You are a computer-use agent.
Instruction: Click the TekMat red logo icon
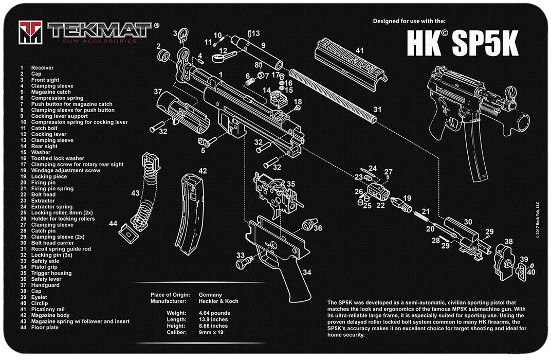30,32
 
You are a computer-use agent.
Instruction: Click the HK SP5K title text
462,44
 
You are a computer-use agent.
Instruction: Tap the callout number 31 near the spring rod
377,109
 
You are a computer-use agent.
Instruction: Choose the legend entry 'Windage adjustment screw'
65,170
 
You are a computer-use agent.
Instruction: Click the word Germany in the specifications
210,295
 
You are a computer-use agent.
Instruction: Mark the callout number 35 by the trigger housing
290,184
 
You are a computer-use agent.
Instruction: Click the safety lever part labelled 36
307,225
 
